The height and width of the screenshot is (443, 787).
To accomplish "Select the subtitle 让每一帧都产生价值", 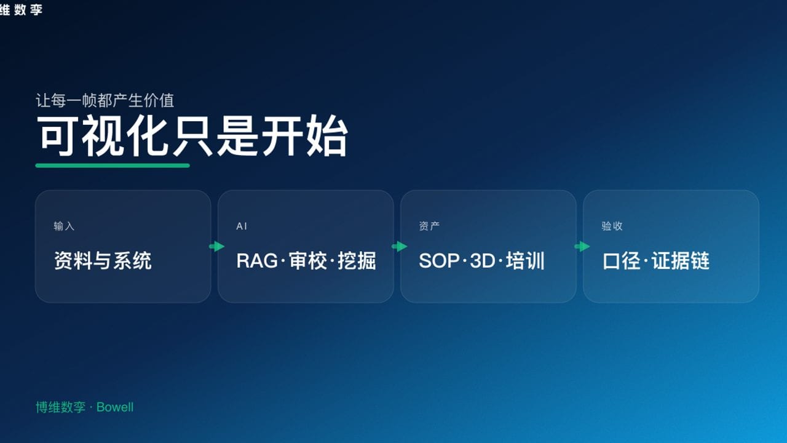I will pos(105,100).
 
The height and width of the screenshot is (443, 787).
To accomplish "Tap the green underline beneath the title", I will pos(113,166).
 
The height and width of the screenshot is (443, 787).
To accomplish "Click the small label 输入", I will pos(64,226).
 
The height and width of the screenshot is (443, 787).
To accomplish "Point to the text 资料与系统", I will pos(103,261).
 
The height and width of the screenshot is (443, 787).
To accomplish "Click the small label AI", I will pos(242,226).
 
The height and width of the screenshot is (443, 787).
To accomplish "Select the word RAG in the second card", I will pos(257,261).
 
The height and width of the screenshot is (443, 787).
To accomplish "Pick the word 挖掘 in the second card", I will pos(357,261).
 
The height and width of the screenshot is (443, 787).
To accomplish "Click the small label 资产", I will pos(429,226).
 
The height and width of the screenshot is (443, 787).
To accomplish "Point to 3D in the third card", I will pos(482,261).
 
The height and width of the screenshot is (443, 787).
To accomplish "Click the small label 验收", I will pos(612,226).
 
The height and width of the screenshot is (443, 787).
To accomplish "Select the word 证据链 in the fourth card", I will pos(681,261).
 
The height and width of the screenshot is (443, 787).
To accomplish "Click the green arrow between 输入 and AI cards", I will pos(216,247).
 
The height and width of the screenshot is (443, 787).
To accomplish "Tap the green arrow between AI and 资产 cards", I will pos(399,247).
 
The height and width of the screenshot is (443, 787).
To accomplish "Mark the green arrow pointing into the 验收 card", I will pos(582,247).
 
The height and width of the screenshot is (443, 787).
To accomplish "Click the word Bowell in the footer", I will pos(115,407).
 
